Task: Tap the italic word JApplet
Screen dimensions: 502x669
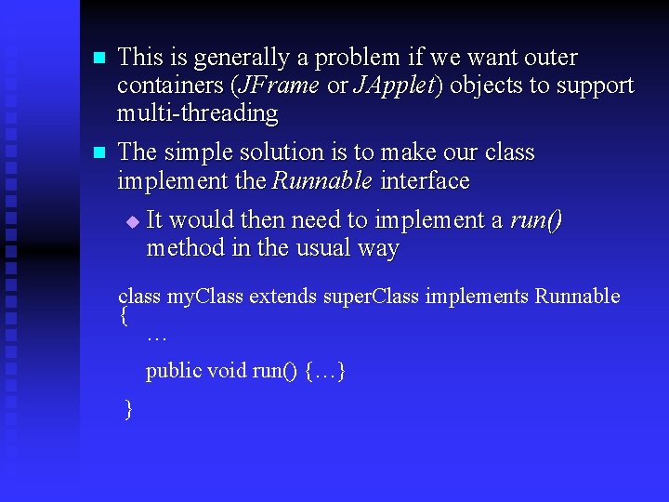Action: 393,86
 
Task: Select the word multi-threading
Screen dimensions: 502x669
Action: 198,114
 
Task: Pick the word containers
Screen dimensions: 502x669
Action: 170,86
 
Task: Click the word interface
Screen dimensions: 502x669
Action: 426,180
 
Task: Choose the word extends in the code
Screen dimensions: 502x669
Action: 282,297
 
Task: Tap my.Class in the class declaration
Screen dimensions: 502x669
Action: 204,297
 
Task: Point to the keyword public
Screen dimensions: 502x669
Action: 174,371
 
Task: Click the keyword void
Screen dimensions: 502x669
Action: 227,371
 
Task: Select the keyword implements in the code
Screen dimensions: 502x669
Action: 477,297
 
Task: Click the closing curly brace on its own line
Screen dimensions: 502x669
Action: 128,409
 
